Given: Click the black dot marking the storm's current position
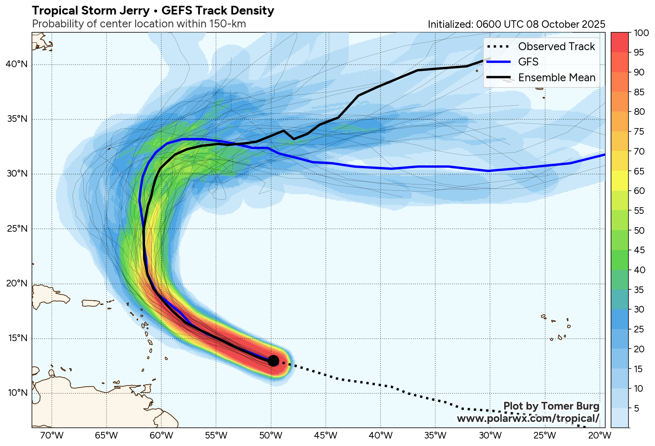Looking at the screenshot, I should [273, 361].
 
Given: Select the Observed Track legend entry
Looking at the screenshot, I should [556, 46].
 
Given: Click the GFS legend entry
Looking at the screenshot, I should [528, 62].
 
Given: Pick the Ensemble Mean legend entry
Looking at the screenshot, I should [556, 78].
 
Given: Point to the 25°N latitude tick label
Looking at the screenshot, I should [17, 229].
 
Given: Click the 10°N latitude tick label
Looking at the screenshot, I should [17, 393].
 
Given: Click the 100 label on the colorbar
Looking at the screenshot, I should [641, 33].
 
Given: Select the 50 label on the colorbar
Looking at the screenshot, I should [639, 230].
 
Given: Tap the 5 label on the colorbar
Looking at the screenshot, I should [637, 408].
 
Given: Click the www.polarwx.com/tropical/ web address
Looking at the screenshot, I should [528, 418].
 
